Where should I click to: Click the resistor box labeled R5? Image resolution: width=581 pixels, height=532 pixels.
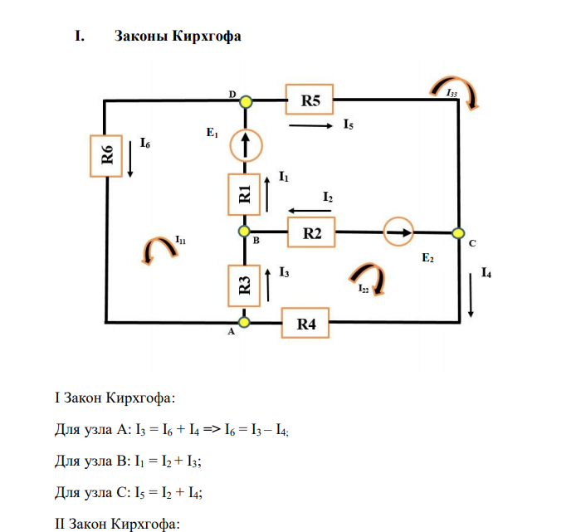310,101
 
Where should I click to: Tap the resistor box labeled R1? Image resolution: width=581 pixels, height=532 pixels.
246,194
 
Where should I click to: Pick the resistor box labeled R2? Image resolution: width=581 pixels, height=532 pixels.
311,233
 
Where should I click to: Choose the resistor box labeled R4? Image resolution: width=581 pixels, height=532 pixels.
306,323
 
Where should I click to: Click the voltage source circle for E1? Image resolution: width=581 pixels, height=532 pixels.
246,145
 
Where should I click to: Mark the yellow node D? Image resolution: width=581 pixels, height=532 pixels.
246,101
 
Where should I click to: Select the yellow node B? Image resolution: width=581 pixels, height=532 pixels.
246,232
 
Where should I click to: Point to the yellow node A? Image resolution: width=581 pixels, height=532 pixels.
246,321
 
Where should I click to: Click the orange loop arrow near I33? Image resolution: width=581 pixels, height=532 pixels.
456,92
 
